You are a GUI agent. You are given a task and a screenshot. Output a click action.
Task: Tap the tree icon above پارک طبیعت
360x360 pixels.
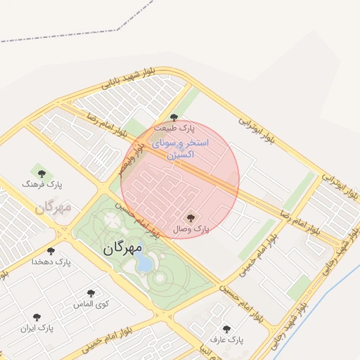click(x=174, y=117)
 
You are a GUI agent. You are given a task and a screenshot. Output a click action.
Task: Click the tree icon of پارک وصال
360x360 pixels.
click(x=190, y=218)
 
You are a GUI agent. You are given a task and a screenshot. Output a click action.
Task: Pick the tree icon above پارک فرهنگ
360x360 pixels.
click(x=41, y=173)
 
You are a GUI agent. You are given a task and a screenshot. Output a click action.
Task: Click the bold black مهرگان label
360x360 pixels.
click(x=122, y=247)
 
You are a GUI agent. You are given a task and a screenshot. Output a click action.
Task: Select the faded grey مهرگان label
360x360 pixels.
click(x=53, y=207)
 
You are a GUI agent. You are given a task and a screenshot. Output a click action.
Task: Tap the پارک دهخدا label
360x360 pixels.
click(x=51, y=262)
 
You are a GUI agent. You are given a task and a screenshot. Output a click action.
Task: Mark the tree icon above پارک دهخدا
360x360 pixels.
click(x=51, y=251)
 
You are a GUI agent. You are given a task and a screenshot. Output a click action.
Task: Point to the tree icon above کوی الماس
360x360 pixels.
click(x=91, y=294)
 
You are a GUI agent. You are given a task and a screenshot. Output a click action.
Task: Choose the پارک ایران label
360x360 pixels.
click(x=37, y=328)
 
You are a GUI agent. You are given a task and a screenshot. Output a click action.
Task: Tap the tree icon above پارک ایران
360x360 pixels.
click(x=37, y=317)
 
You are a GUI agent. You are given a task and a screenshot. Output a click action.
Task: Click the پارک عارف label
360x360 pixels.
click(x=226, y=340)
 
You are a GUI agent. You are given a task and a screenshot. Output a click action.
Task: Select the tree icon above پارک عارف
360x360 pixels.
click(x=226, y=328)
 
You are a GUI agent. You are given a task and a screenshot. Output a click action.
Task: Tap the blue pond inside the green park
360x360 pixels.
click(x=143, y=264)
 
